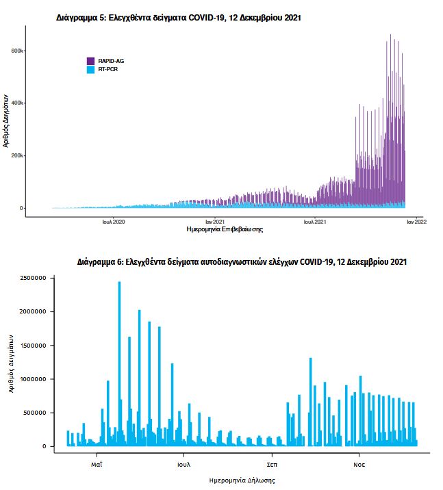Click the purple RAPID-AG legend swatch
click(x=91, y=61)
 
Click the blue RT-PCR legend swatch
click(x=91, y=69)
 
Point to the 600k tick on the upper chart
click(x=16, y=51)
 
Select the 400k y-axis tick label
click(x=16, y=103)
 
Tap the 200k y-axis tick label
click(x=16, y=156)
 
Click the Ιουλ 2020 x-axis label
click(x=114, y=222)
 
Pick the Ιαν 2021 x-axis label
click(x=215, y=222)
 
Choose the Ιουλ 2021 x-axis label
click(x=315, y=222)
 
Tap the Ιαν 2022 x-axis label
click(x=417, y=222)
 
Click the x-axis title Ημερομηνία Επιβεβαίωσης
click(x=225, y=230)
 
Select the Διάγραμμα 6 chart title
click(x=242, y=262)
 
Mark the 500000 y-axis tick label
click(x=32, y=413)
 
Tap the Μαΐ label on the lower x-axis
click(x=97, y=463)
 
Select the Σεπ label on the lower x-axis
click(x=272, y=463)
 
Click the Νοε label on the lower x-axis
click(x=359, y=463)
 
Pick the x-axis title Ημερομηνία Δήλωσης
click(x=242, y=480)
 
